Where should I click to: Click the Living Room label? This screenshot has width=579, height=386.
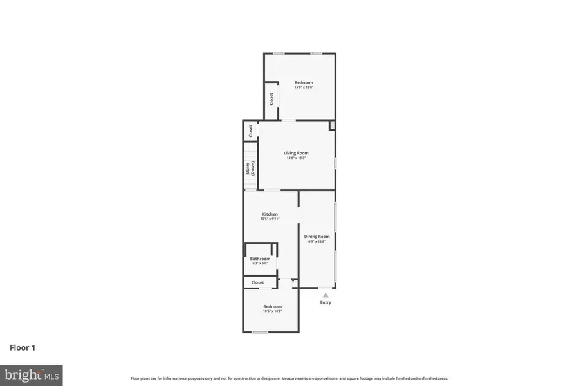(x=297, y=153)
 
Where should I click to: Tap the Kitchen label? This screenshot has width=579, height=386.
(x=270, y=214)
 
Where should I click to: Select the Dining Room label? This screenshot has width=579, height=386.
(x=317, y=236)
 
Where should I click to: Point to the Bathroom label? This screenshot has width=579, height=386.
(x=260, y=259)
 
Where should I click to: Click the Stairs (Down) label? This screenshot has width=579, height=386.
(x=251, y=168)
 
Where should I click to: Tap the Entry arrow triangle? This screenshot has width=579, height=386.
(x=326, y=295)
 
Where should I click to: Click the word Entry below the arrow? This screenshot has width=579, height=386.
(x=326, y=302)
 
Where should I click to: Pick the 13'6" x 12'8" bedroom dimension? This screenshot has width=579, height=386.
(x=304, y=87)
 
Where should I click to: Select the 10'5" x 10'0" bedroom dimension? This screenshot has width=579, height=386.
(x=273, y=311)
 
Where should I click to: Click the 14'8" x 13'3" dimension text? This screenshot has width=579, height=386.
(x=297, y=158)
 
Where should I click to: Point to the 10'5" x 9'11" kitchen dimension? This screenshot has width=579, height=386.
(x=270, y=219)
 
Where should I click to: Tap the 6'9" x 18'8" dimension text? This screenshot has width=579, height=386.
(x=317, y=241)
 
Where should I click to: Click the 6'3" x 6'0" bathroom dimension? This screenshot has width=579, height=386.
(x=260, y=263)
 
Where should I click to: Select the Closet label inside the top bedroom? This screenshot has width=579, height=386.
(x=271, y=99)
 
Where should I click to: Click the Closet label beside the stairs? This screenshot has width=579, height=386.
(x=250, y=131)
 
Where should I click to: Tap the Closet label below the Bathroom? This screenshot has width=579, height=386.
(x=258, y=282)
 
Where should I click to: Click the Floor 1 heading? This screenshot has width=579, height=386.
(x=23, y=347)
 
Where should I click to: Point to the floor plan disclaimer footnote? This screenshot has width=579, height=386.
(x=289, y=378)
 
